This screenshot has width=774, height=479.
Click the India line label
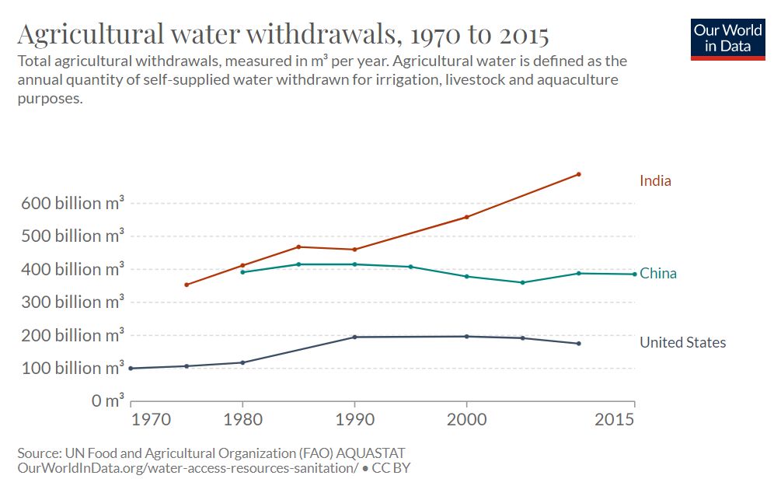coord(655,180)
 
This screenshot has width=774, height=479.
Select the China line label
coord(658,273)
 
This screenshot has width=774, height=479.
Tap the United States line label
coord(682,342)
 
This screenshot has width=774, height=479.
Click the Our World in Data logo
coord(727,40)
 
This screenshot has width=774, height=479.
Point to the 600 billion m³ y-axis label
coord(72,203)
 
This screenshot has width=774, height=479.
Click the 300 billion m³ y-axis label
coord(72,302)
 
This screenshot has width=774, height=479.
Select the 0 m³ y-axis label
coord(107,400)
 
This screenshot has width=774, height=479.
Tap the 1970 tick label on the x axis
coord(151,419)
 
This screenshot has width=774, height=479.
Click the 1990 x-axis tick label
coord(354,419)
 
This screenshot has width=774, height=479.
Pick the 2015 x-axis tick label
coord(614,419)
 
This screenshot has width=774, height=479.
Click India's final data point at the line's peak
coord(578,174)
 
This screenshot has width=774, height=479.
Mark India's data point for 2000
coord(466,217)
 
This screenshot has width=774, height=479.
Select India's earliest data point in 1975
coord(186,285)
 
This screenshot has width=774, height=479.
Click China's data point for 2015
coord(635,274)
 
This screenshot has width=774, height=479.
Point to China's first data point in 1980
coord(242,272)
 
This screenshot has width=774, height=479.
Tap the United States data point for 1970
coord(131,369)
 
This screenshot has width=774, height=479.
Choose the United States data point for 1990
coord(354,337)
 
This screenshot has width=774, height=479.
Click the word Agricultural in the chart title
coord(90,34)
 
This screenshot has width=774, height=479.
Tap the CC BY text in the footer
coord(391,467)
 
